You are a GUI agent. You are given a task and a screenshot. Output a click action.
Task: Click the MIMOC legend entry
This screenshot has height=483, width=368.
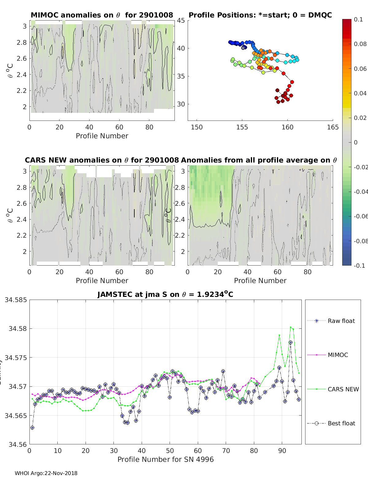tap(338, 355)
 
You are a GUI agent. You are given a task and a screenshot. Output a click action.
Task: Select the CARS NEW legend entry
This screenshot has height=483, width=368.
tap(343, 389)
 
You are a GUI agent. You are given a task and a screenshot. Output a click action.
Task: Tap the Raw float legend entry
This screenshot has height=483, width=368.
tap(341, 321)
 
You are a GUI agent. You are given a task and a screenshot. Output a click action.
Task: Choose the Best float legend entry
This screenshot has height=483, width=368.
tap(341, 423)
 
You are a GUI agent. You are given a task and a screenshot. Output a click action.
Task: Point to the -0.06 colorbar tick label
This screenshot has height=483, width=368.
tap(360, 216)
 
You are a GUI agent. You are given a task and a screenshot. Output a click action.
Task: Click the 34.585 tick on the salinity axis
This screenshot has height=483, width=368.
tap(16, 300)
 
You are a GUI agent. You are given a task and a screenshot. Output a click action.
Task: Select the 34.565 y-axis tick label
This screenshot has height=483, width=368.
tap(16, 416)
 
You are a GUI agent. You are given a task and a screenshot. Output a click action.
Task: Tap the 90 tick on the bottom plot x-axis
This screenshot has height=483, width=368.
tap(282, 450)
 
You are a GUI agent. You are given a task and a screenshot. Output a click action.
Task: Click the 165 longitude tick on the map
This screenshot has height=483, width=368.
tap(333, 127)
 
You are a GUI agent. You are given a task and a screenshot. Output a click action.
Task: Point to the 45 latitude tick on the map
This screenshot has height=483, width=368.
tap(181, 21)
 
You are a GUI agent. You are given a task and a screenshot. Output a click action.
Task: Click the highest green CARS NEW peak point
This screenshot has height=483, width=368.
tap(290, 327)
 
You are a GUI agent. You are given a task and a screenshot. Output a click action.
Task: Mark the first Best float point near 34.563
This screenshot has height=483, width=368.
tap(32, 427)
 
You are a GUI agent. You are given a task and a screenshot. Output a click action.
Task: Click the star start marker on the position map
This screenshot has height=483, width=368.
tap(243, 48)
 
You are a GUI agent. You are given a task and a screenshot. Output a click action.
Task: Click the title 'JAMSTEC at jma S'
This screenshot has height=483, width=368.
tap(165, 294)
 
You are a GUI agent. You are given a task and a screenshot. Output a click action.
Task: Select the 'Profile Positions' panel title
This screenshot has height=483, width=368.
tap(260, 15)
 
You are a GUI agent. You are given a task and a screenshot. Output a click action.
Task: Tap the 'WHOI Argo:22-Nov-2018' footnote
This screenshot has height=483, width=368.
tap(46, 473)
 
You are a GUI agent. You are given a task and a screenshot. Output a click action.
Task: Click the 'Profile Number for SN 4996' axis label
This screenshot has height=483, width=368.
tap(165, 459)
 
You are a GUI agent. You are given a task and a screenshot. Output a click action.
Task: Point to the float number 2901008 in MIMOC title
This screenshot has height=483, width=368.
tap(156, 15)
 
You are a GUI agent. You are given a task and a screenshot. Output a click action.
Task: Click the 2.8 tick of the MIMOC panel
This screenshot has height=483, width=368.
tap(22, 42)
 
